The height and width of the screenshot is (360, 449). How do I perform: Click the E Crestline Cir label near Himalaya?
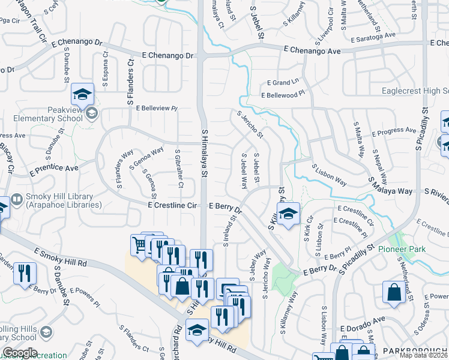pos(173,205)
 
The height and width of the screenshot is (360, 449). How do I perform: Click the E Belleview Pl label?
pos(157,109)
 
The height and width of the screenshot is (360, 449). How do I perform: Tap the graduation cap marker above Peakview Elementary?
pos(83,94)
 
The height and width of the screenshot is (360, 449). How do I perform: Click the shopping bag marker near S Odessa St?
pos(394,292)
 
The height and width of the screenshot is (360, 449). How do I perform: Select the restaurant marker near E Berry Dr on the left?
pos(24,273)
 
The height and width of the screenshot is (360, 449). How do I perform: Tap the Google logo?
pos(19,353)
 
